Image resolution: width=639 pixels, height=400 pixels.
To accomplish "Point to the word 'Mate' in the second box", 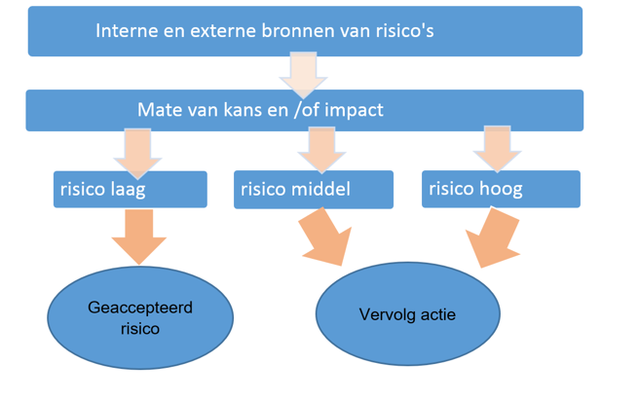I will click(160, 109).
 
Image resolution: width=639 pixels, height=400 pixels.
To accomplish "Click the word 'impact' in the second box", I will click(351, 109).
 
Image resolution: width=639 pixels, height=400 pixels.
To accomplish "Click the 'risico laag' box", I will click(131, 189).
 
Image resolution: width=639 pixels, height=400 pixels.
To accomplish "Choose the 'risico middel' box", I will click(315, 189).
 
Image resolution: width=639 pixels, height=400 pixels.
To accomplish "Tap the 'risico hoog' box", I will click(501, 189).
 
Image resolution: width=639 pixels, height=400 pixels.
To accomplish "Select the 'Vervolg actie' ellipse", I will click(408, 315).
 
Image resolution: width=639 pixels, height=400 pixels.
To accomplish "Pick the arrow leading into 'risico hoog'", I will click(497, 150).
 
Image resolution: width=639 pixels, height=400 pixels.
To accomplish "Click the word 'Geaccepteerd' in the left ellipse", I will click(140, 308).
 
